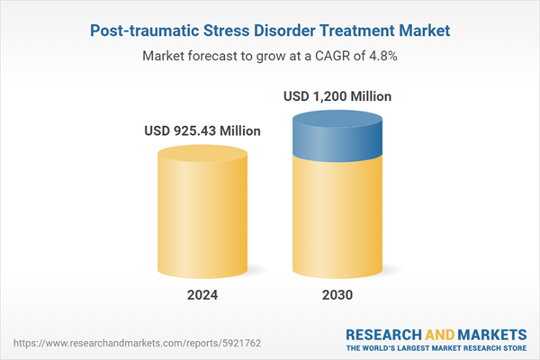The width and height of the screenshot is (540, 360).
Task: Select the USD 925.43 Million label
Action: (x=202, y=131)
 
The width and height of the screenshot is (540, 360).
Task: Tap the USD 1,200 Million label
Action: (x=337, y=96)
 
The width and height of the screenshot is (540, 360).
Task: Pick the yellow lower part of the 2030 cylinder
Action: (x=337, y=220)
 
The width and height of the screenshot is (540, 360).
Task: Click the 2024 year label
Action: (x=202, y=295)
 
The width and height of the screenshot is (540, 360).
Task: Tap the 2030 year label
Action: (x=337, y=295)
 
